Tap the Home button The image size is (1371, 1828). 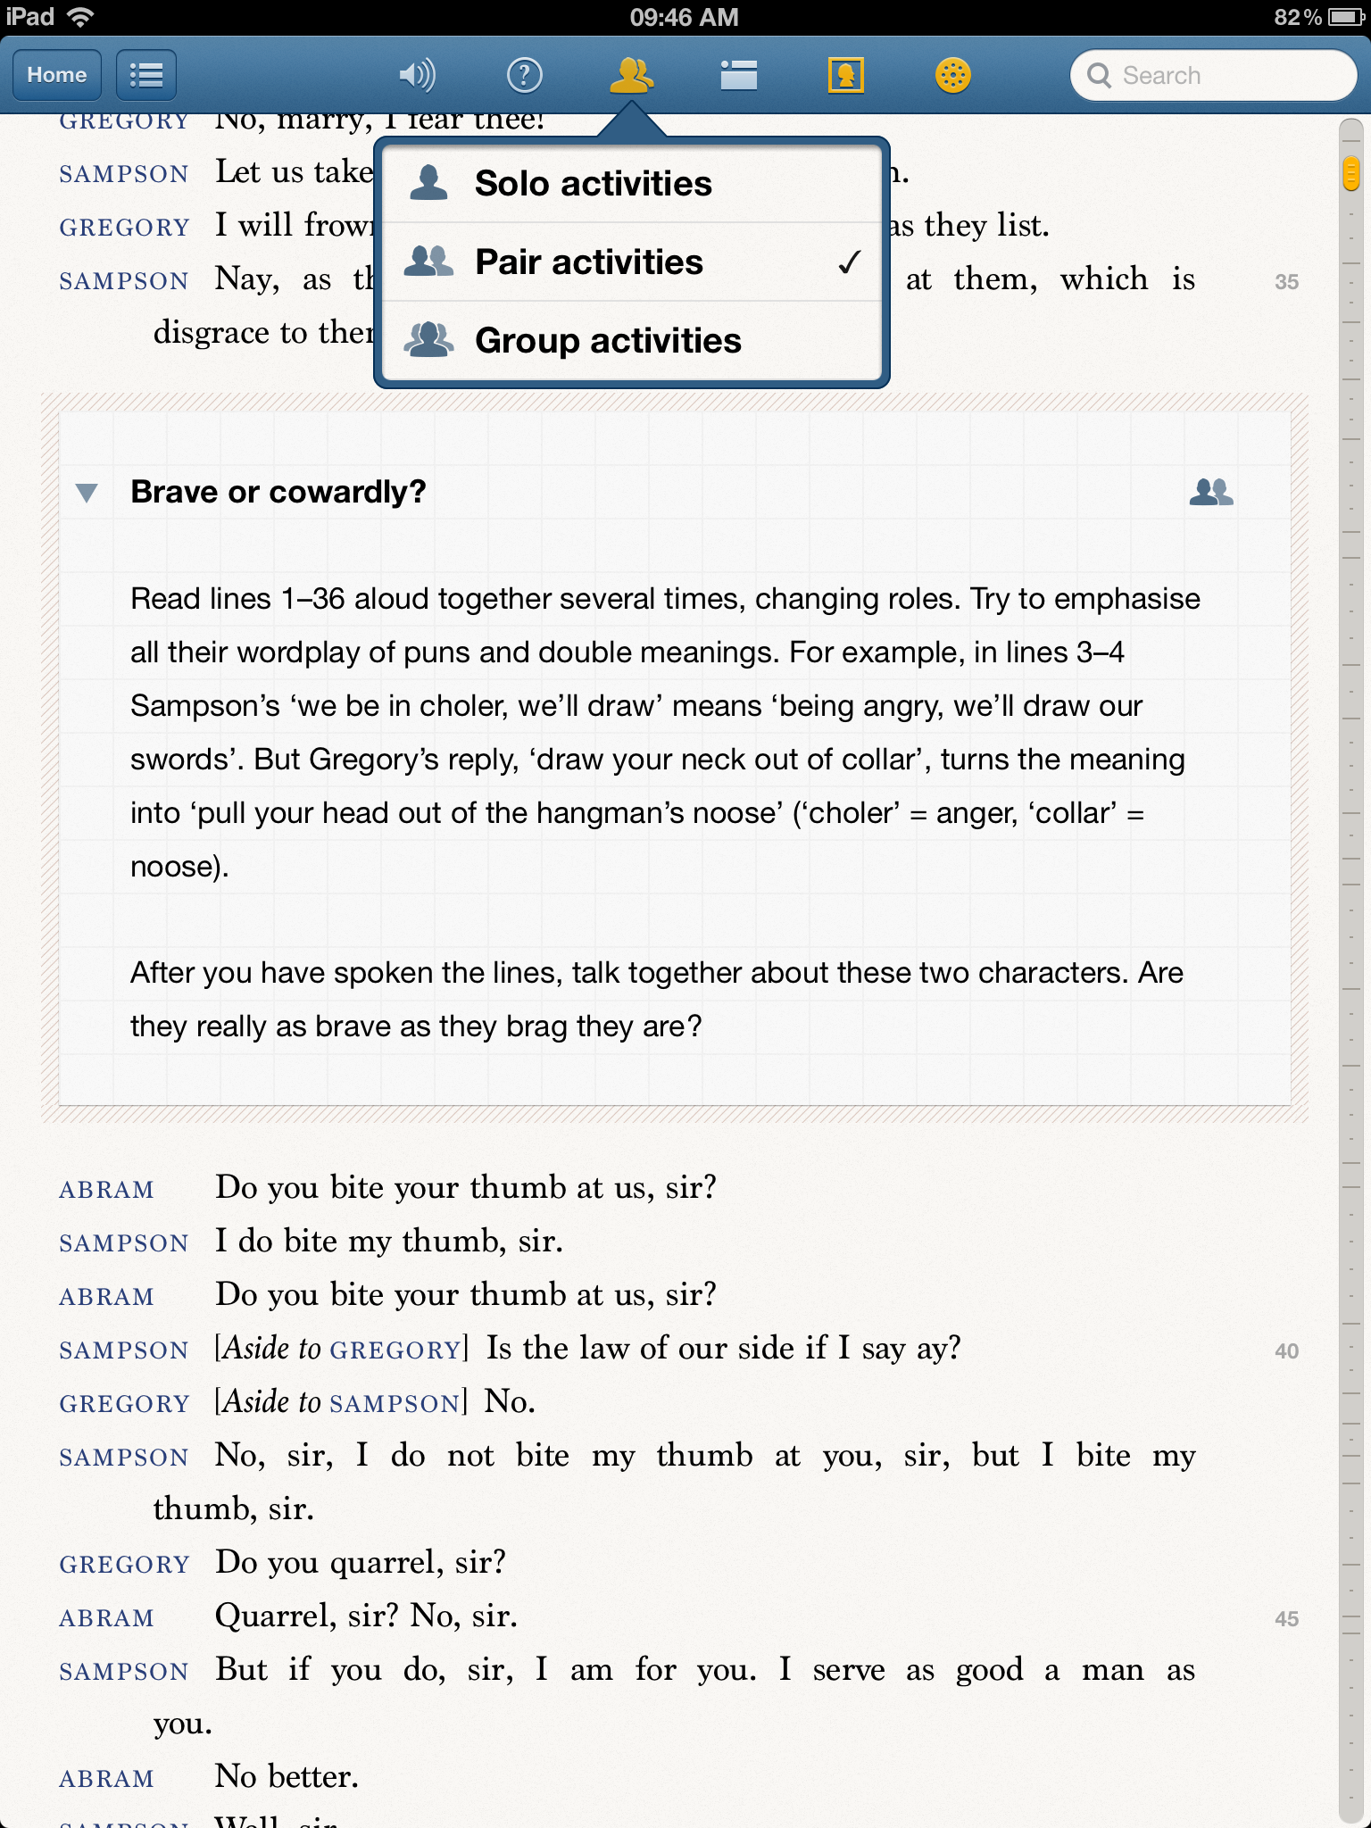click(x=56, y=75)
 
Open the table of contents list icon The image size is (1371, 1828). click(x=146, y=75)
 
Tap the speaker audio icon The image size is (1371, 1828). click(x=417, y=75)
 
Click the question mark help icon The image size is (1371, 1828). click(x=524, y=75)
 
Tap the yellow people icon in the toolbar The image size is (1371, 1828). click(x=631, y=75)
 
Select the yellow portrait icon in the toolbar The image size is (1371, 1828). click(x=845, y=75)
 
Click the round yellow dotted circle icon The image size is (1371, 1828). click(x=952, y=75)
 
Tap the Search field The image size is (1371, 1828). click(x=1214, y=75)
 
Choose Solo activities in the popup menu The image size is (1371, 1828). click(x=593, y=184)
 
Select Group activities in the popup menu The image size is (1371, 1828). click(x=607, y=341)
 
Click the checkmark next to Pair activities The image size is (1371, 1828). click(x=849, y=262)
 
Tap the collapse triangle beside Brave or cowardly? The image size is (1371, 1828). click(x=87, y=493)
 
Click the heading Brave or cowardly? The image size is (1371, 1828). click(x=278, y=492)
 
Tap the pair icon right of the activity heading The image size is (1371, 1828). click(x=1211, y=492)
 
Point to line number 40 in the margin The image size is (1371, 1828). click(x=1286, y=1351)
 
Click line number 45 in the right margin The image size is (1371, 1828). click(x=1286, y=1619)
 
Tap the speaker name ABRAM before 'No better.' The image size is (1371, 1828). click(x=106, y=1778)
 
